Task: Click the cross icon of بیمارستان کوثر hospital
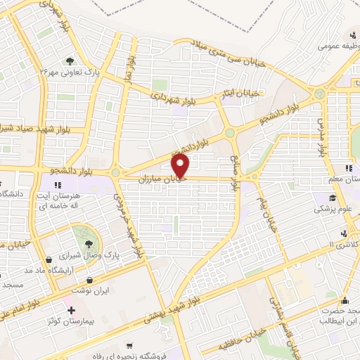click(70, 310)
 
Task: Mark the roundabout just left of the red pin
click(115, 172)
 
